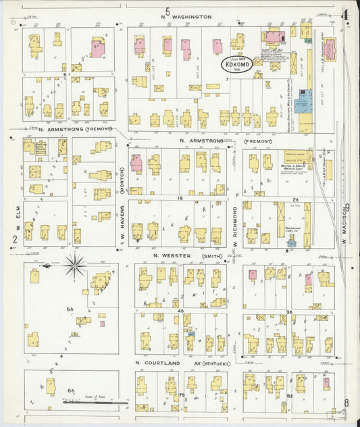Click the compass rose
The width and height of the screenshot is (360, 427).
[x=74, y=266]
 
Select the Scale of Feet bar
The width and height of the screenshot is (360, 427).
[x=95, y=403]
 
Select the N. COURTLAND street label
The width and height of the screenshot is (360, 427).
[x=158, y=363]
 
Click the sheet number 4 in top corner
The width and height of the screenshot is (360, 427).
[x=345, y=13]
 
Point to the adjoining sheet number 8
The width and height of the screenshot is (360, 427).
[x=346, y=404]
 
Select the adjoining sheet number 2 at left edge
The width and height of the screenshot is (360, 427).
[x=13, y=239]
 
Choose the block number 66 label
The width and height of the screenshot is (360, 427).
[x=70, y=391]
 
